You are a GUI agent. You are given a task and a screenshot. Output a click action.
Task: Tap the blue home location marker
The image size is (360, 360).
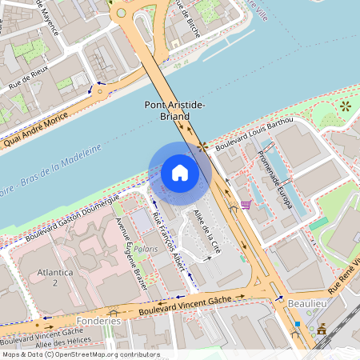click(x=180, y=173)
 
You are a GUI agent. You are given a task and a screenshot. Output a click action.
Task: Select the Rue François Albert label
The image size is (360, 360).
click(x=169, y=245)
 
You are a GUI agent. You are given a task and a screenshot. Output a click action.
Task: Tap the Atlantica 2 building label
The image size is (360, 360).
click(x=55, y=277)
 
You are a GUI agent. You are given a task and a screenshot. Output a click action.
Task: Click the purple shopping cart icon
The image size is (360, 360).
click(x=246, y=205)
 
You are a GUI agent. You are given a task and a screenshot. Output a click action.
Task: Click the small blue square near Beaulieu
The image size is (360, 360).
click(x=297, y=324)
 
